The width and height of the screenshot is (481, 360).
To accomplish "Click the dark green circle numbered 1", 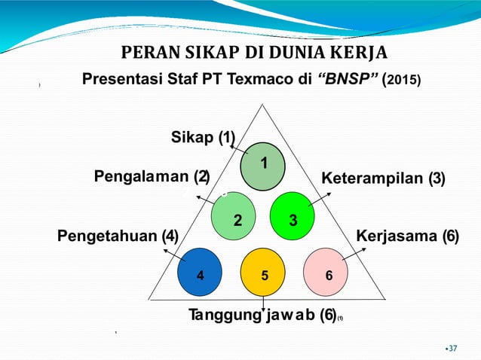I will click(x=263, y=163).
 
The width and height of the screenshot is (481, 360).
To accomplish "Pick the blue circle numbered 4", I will click(x=199, y=274).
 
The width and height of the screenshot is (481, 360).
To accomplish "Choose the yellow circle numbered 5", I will click(x=263, y=274).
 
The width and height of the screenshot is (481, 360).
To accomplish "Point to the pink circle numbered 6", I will click(x=327, y=274).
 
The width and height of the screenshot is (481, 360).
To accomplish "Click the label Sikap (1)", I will click(x=204, y=139).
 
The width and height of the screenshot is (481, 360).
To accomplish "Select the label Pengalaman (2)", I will click(x=151, y=177).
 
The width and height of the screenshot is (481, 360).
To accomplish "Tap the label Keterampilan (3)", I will click(x=384, y=179).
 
